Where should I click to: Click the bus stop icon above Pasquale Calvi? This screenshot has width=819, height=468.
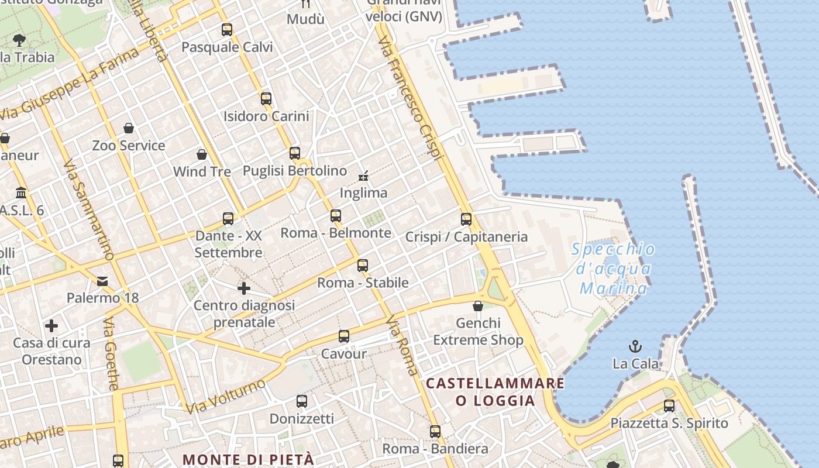pos(227,29)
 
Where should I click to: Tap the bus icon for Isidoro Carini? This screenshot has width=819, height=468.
pos(266,98)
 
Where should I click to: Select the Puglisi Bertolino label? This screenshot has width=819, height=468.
pos(295,171)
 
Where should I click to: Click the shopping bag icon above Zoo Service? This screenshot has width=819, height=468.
pos(129,128)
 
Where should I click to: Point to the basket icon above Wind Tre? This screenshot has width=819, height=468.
pos(202,154)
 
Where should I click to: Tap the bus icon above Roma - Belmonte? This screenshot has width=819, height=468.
pos(336,215)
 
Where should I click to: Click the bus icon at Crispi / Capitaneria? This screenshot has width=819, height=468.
pos(466,219)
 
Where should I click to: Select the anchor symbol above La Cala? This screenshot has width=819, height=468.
pos(635,346)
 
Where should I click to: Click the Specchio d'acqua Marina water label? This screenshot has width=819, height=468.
pos(613,269)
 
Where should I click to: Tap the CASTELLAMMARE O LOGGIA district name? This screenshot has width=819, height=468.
pos(495,392)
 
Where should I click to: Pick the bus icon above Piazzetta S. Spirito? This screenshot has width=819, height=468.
pos(669,405)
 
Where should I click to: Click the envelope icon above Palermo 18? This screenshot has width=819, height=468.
pos(103,281)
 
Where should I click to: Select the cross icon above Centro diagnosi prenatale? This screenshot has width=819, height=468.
pos(244,288)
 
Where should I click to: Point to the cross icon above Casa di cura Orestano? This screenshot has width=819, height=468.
pos(51,326)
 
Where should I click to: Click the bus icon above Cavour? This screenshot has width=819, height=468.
pos(344,336)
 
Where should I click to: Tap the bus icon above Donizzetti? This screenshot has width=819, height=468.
pos(302,401)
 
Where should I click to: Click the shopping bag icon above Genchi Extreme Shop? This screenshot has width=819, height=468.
pos(478,306)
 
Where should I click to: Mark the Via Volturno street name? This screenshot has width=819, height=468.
pos(225,395)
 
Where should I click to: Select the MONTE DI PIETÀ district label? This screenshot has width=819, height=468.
pos(249,459)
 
